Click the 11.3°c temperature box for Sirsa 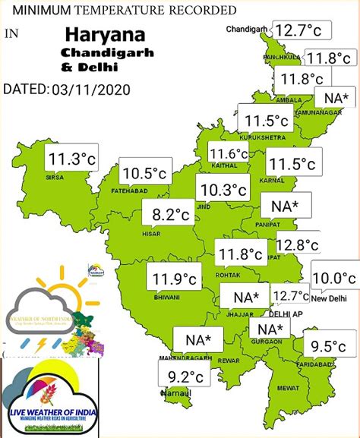72,161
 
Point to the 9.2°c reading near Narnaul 185,376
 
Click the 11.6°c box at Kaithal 229,155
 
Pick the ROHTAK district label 229,274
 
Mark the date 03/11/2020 92,90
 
